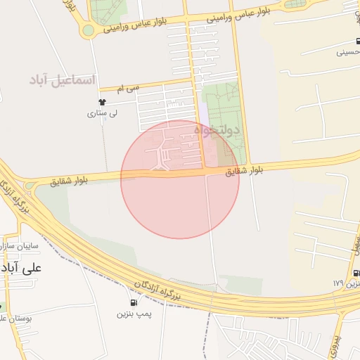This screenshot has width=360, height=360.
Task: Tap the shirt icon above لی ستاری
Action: [102, 103]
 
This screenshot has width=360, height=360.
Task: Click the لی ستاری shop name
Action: [102, 113]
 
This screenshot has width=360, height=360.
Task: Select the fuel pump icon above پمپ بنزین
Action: [134, 303]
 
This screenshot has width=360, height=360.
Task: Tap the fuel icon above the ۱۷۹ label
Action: [356, 273]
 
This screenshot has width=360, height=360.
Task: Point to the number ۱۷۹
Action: [338, 283]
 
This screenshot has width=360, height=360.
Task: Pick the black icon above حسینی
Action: [357, 41]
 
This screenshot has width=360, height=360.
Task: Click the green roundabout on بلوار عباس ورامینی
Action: [88, 30]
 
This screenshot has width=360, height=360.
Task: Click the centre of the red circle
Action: [180, 179]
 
